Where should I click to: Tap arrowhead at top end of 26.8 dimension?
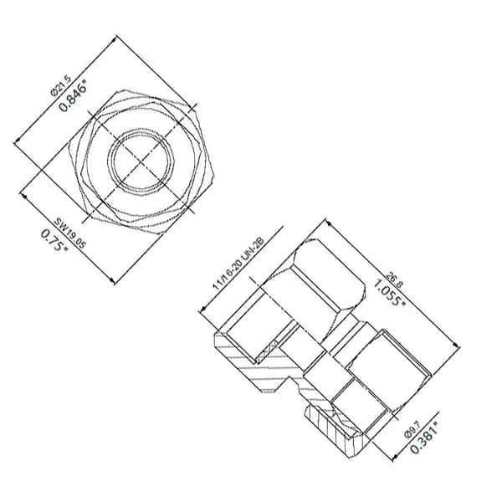click(323, 222)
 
